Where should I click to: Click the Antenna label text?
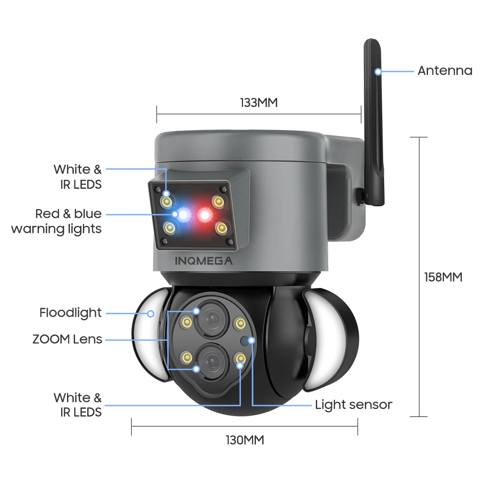[444, 71]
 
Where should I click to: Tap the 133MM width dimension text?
[259, 102]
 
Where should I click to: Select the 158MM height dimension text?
[442, 277]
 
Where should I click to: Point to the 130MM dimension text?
[245, 440]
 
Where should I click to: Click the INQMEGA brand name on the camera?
[203, 262]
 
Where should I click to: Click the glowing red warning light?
[205, 214]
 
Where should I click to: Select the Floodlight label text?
[70, 313]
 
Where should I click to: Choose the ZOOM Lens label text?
[67, 339]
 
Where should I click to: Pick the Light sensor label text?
[353, 405]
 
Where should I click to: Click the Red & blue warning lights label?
[56, 221]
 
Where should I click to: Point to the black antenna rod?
[375, 120]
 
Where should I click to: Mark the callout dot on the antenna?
[378, 72]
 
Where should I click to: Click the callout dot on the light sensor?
[251, 340]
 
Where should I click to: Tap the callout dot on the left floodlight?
[150, 314]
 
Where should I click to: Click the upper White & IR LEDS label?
[78, 176]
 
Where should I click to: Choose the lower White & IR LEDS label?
[78, 404]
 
